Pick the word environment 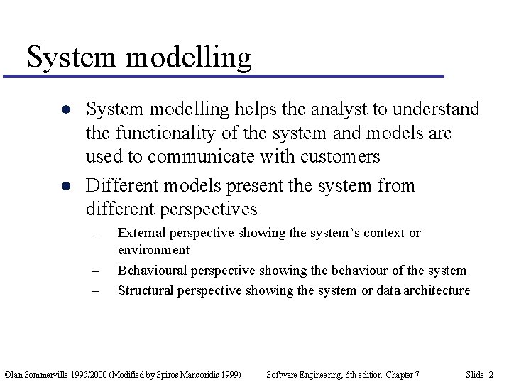point(153,250)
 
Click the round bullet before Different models point(65,187)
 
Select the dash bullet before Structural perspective point(96,290)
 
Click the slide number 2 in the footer point(491,374)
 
